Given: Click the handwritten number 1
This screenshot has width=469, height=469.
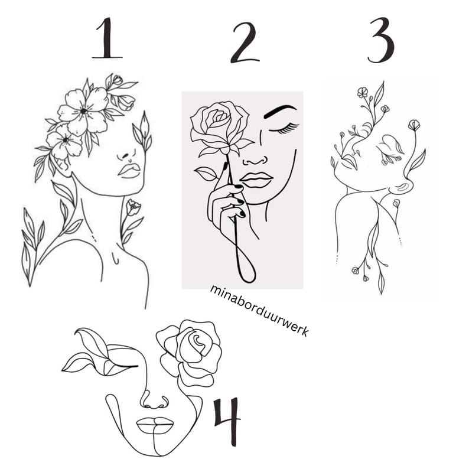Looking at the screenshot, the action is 107,38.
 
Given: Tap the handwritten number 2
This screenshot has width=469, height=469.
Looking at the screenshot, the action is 245,43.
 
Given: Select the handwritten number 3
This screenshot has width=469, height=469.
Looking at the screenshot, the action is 381,40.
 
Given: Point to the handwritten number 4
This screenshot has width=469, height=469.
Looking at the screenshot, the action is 226,421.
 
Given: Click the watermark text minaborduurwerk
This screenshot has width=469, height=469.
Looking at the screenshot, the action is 259,311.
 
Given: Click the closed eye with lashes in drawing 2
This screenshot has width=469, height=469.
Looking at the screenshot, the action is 284,128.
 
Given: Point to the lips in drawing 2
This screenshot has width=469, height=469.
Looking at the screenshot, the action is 256,180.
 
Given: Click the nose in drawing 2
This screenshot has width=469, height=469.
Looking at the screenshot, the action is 255,161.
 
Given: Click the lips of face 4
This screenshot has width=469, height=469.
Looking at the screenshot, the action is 155,425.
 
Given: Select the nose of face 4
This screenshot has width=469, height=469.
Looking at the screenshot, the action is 154,400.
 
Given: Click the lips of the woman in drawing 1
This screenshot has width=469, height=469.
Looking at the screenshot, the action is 129,171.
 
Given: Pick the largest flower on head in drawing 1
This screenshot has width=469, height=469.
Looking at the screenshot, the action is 84,111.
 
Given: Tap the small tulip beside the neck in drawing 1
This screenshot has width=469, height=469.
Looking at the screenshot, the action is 133,207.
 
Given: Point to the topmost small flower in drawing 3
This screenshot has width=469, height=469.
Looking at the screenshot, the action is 363,92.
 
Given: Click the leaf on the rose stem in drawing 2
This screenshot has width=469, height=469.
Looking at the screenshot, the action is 206,174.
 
